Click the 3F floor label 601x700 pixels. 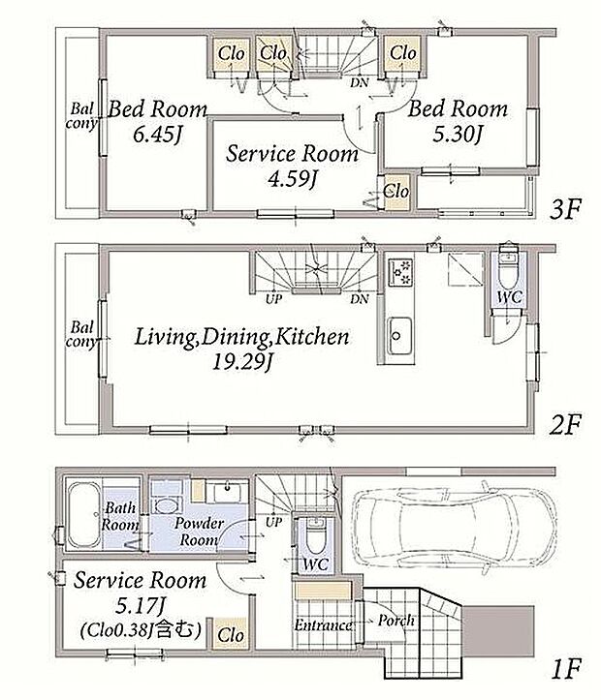click(565, 209)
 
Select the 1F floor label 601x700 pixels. click(566, 669)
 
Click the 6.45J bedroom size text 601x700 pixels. click(158, 134)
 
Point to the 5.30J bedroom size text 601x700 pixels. click(458, 134)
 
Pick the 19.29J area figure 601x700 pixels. click(241, 361)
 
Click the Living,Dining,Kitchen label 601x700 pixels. click(241, 337)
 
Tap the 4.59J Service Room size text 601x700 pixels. click(292, 178)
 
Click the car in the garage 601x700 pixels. click(453, 528)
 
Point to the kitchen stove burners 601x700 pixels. click(400, 273)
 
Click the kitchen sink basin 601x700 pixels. click(399, 336)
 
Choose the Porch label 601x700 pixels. click(395, 620)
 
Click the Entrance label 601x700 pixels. click(323, 624)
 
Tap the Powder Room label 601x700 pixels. click(199, 532)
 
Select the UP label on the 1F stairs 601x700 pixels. click(274, 522)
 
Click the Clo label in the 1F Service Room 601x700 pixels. click(231, 634)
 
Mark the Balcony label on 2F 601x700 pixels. click(81, 334)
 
